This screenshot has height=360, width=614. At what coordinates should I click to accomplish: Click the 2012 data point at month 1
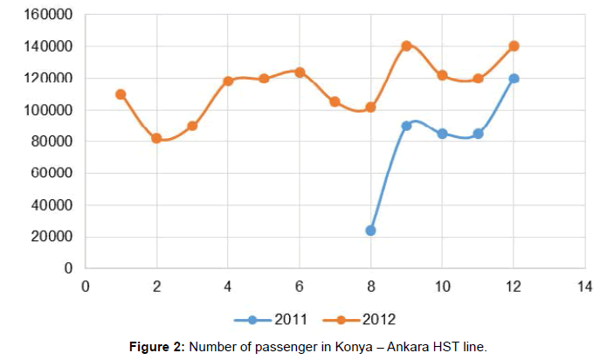tap(121, 94)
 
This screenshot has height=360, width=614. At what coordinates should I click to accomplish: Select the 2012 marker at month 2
tap(156, 138)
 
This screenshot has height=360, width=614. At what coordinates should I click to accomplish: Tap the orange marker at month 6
tap(300, 73)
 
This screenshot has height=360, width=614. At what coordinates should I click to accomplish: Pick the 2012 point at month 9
tap(406, 45)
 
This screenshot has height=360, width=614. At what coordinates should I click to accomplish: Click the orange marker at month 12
tap(514, 45)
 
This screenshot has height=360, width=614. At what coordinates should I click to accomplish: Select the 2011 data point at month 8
tap(370, 231)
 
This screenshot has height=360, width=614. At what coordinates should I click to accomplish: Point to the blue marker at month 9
tap(406, 126)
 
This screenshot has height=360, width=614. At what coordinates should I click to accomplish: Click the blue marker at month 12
tap(514, 79)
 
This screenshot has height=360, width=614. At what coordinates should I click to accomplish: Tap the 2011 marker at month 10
tap(442, 134)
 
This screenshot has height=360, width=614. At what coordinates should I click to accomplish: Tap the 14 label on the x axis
tap(584, 287)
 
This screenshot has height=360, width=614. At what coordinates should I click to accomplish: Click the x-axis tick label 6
tap(300, 287)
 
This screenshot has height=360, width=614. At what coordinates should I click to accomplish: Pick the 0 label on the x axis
tap(86, 287)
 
